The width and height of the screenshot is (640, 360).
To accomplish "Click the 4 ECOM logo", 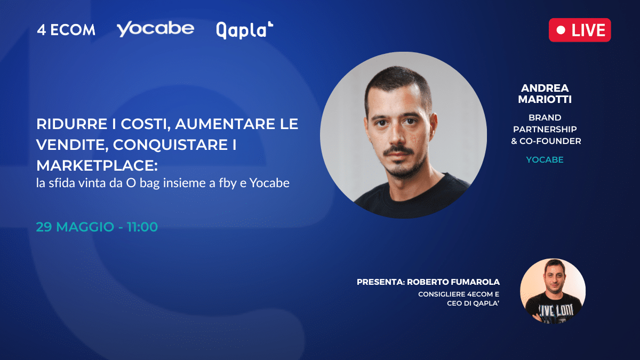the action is [x=66, y=30].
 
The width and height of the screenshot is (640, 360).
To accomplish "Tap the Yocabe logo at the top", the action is [x=155, y=29].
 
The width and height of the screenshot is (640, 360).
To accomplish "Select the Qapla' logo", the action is [x=245, y=30].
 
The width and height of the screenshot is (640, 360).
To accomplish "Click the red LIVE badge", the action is [x=580, y=30].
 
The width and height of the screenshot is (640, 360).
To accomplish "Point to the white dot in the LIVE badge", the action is [x=561, y=30].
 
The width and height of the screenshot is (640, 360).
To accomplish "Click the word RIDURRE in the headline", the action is [x=71, y=124].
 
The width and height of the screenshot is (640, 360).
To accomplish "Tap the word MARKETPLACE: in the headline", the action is [x=97, y=165].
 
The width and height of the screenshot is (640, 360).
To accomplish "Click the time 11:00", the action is [x=142, y=227].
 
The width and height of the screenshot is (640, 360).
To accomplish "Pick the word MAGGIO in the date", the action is [x=85, y=227].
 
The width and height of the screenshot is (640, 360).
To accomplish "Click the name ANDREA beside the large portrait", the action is [x=545, y=88].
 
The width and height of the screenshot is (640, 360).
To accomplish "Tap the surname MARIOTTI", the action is [x=545, y=99].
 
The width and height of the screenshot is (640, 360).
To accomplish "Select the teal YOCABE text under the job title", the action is [x=545, y=159].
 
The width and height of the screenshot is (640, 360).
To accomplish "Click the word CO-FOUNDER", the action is [x=550, y=141].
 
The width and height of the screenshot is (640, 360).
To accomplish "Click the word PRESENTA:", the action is [x=381, y=282].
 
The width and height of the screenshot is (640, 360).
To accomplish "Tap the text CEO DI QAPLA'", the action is [x=473, y=303].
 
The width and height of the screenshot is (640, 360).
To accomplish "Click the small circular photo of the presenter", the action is [x=553, y=291].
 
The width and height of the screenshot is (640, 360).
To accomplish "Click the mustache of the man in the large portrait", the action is [x=398, y=150].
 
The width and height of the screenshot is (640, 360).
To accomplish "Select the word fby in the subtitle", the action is [x=228, y=183].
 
